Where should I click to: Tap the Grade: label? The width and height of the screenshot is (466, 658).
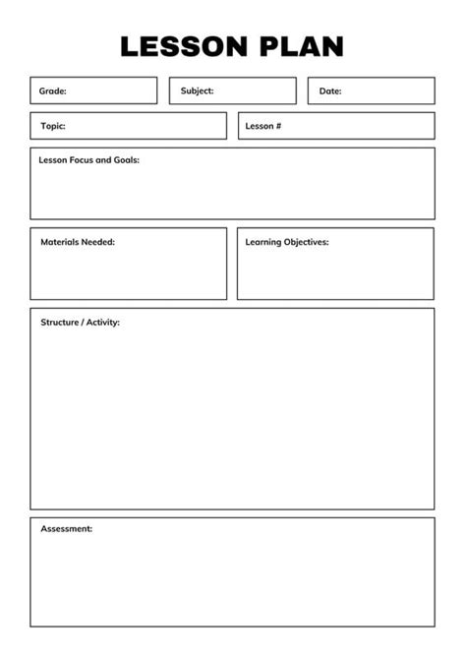[x=53, y=91]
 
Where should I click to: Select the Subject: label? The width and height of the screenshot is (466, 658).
[x=197, y=91]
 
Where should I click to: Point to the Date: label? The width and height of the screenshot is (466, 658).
[x=330, y=91]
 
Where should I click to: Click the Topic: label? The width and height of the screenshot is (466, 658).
[x=53, y=126]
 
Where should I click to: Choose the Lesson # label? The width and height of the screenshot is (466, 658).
[x=263, y=126]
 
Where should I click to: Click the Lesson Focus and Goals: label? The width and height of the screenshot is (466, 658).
[x=88, y=159]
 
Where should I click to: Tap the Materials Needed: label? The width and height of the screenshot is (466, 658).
[x=78, y=241]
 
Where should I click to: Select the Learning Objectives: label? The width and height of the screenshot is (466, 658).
[x=287, y=241]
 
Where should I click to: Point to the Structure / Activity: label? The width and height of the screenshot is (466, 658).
[x=80, y=322]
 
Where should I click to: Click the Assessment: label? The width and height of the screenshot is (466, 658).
[x=67, y=529]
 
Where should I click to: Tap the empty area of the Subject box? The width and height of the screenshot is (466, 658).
[x=256, y=91]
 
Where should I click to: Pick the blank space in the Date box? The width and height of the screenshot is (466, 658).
[x=388, y=91]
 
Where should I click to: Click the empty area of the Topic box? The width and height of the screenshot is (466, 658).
[x=147, y=126]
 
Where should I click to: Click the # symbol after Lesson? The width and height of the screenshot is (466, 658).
[x=278, y=126]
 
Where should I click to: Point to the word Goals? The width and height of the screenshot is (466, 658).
[x=125, y=159]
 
